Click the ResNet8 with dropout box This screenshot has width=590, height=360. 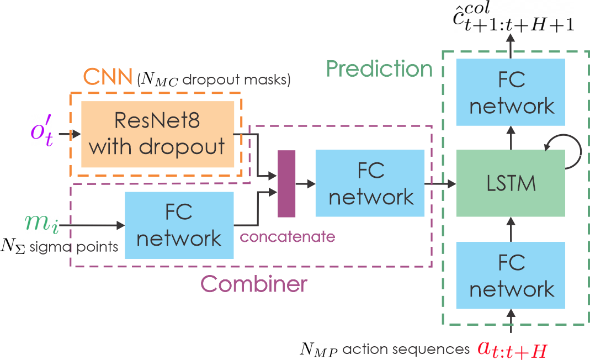[x=158, y=134]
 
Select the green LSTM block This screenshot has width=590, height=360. [x=511, y=183]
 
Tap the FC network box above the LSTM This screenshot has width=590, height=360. [x=511, y=92]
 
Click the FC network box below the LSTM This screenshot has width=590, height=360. [x=511, y=275]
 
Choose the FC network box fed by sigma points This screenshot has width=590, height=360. [x=179, y=225]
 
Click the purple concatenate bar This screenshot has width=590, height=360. [x=286, y=183]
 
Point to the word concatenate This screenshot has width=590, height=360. [x=288, y=237]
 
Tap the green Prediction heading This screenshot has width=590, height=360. [x=379, y=68]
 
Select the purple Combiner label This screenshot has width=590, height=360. [x=254, y=284]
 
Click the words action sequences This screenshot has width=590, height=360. [x=406, y=349]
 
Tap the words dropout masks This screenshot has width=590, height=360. [x=236, y=80]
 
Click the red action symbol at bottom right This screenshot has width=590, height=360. [x=513, y=350]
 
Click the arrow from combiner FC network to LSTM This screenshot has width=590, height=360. [x=440, y=183]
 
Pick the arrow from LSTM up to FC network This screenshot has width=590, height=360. [x=511, y=137]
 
